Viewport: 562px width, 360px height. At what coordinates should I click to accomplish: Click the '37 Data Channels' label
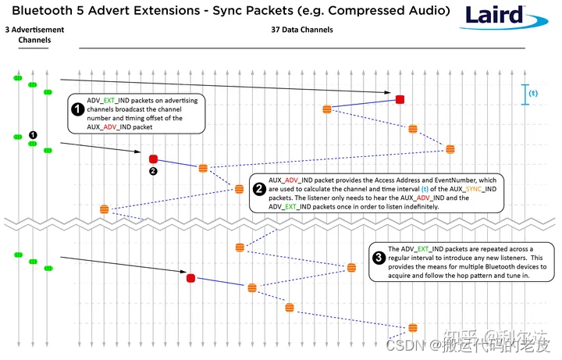click(x=301, y=30)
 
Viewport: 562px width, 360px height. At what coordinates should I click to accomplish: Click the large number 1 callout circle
click(x=78, y=109)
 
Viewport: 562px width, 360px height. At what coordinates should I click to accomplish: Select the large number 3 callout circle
click(x=378, y=258)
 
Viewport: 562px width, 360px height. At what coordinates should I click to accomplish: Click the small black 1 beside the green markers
click(x=33, y=134)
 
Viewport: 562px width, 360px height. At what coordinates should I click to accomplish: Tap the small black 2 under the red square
click(x=154, y=171)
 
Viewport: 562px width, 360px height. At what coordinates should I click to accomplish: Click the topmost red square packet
click(x=400, y=99)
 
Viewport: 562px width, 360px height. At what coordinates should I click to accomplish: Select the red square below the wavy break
click(x=190, y=277)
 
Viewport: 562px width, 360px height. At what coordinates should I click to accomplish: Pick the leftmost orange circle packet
click(x=105, y=209)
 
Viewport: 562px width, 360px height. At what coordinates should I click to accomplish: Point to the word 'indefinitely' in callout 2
click(x=418, y=207)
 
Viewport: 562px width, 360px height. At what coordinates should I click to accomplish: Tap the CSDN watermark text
click(x=404, y=344)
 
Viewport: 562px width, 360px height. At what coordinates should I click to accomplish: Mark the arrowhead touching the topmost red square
click(x=393, y=94)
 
